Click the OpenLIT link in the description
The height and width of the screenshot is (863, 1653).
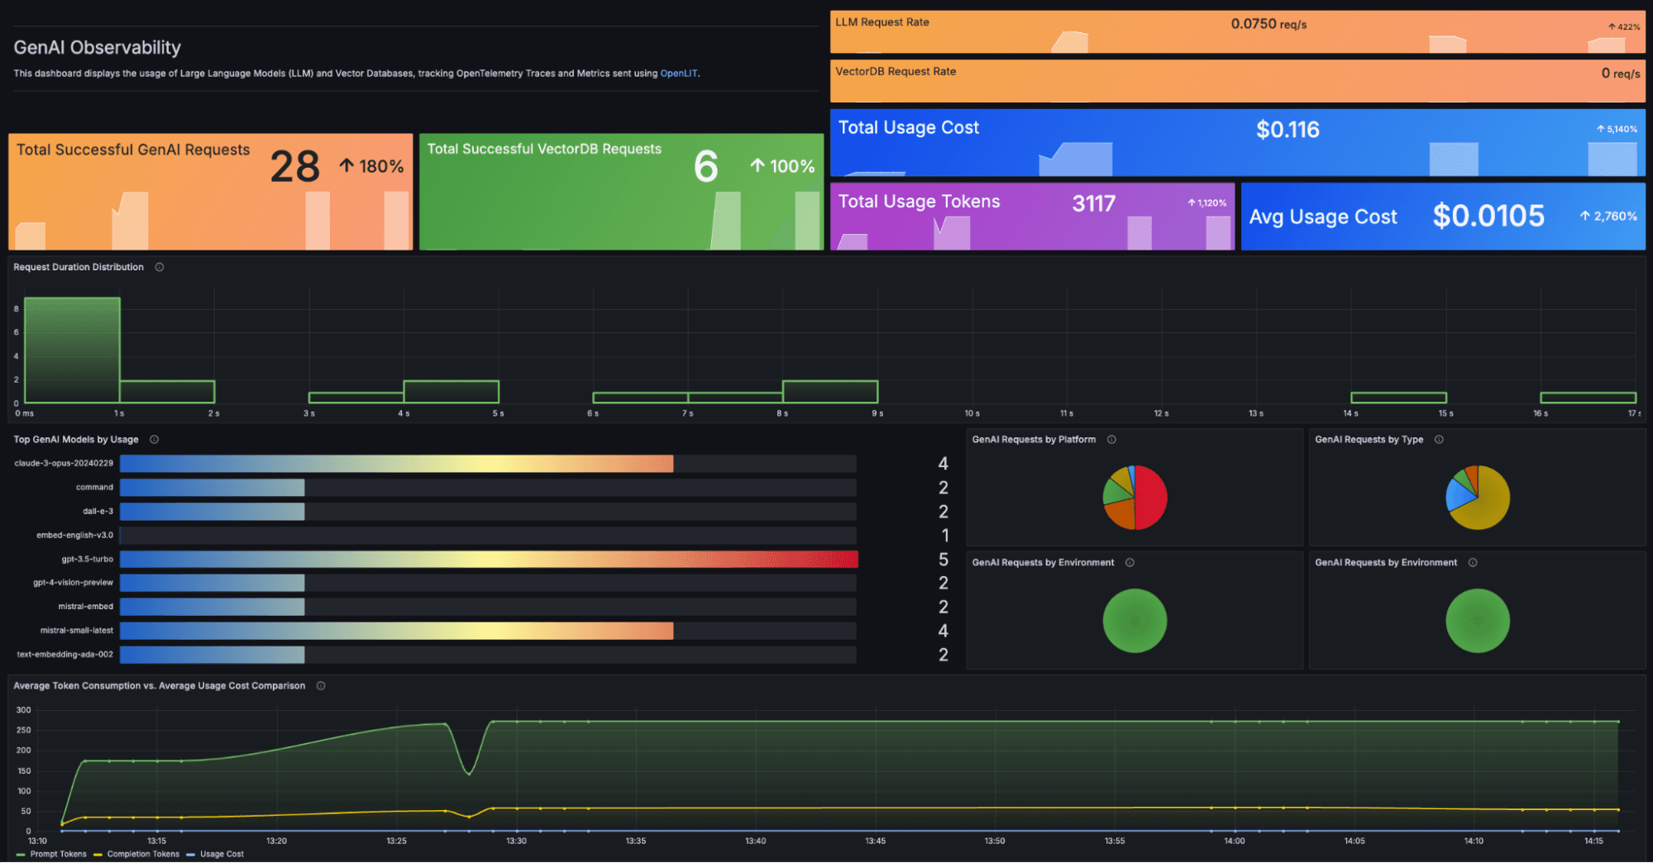pyautogui.click(x=678, y=74)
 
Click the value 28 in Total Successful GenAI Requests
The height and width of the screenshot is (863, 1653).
pyautogui.click(x=294, y=167)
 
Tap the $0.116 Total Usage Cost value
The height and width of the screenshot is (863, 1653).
pyautogui.click(x=1288, y=130)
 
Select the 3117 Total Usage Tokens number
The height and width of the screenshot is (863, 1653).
pyautogui.click(x=1093, y=203)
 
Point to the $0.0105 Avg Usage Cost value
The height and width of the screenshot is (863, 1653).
pyautogui.click(x=1488, y=216)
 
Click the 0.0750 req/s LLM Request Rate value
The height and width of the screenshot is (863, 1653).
pyautogui.click(x=1268, y=24)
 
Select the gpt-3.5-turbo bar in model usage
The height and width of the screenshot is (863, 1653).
pyautogui.click(x=488, y=560)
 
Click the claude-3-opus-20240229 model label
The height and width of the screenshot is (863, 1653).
pyautogui.click(x=64, y=464)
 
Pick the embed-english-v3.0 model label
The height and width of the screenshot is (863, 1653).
pyautogui.click(x=74, y=536)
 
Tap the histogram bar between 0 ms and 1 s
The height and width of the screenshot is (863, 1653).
pyautogui.click(x=72, y=350)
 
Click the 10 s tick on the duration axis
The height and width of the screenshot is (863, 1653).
pyautogui.click(x=972, y=413)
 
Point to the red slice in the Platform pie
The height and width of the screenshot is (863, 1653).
pyautogui.click(x=1151, y=497)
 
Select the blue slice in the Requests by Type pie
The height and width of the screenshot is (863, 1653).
pyautogui.click(x=1458, y=496)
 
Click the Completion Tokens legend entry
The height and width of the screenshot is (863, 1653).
pyautogui.click(x=142, y=854)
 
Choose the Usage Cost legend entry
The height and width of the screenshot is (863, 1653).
pyautogui.click(x=221, y=854)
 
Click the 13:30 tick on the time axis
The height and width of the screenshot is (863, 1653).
pyautogui.click(x=516, y=841)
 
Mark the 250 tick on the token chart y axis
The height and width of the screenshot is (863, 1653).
pyautogui.click(x=24, y=730)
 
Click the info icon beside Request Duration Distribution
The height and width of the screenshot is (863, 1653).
pyautogui.click(x=160, y=267)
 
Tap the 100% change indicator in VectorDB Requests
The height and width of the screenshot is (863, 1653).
pyautogui.click(x=782, y=166)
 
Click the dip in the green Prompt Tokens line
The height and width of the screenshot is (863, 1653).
pyautogui.click(x=469, y=773)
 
